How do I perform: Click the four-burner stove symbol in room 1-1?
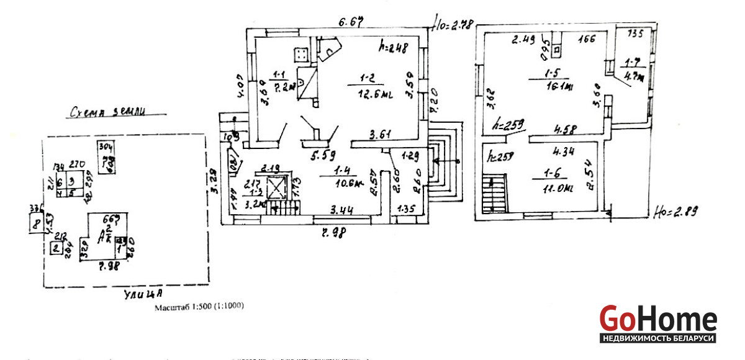pyautogui.click(x=302, y=55)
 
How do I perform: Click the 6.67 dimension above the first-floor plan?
pyautogui.click(x=350, y=22)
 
